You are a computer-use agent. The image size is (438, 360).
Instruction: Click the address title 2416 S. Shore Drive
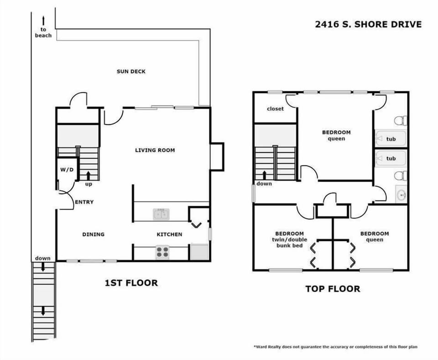[x=368, y=24]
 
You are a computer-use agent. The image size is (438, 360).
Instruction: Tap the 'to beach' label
[x=43, y=32]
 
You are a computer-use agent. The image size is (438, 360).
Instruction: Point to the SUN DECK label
[x=131, y=71]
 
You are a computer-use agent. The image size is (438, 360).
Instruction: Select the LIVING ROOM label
[x=155, y=150]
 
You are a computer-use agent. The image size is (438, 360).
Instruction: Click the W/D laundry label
[x=67, y=170]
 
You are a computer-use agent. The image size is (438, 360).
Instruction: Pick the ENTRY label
[x=84, y=202]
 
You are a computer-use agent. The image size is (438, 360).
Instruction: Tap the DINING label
[x=93, y=234]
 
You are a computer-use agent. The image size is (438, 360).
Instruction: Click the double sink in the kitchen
[x=161, y=214]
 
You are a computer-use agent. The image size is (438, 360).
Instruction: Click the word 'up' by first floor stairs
[x=89, y=184]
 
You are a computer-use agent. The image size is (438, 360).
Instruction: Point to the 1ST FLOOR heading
[x=131, y=283]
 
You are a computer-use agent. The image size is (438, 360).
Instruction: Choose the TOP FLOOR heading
[x=332, y=289]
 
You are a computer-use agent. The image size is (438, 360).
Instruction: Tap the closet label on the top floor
[x=275, y=109]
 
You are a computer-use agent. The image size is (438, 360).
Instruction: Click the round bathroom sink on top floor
[x=401, y=195]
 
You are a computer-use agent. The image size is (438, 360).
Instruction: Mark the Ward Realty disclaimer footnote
[x=335, y=347]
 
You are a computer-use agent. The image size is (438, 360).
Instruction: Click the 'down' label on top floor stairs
[x=264, y=183]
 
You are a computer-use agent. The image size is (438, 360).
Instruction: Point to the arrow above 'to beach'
[x=43, y=20]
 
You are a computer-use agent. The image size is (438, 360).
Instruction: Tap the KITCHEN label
[x=169, y=235]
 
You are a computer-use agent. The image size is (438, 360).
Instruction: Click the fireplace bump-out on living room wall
[x=217, y=157]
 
